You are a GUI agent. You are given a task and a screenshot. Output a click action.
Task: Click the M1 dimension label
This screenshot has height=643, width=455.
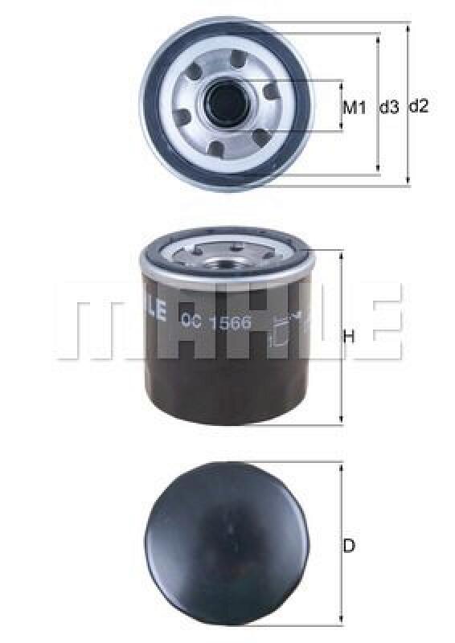355,106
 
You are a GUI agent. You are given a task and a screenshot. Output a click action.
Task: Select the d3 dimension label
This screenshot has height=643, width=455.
389,106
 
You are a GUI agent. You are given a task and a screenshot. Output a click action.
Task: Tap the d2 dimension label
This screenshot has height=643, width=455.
419,105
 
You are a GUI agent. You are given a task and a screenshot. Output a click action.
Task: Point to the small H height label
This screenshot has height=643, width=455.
349,338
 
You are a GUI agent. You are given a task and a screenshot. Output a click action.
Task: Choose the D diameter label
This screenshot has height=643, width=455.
349,546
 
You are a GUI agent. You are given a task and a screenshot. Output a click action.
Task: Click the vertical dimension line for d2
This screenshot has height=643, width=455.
408,105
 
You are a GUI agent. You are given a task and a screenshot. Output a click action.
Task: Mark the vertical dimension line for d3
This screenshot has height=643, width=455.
378,103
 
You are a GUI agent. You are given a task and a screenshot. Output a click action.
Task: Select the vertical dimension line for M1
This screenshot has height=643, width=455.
342,106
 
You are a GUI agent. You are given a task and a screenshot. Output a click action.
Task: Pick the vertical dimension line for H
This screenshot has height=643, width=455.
342,338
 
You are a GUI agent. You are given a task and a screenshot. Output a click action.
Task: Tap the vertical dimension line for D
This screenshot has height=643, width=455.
342,546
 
